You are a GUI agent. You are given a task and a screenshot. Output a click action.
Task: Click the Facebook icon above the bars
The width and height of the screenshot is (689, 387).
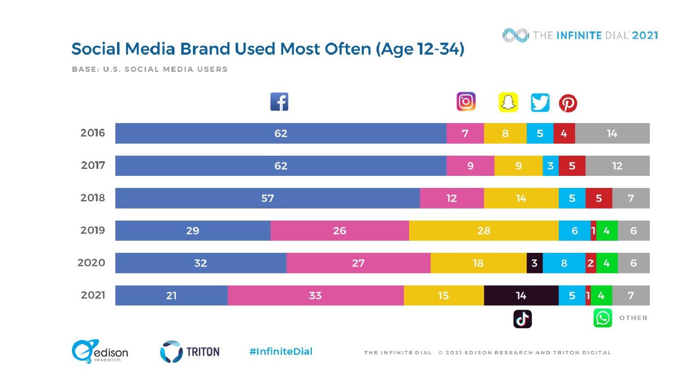click(279, 102)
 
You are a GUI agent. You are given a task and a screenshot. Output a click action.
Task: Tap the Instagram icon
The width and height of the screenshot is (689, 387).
click(466, 101)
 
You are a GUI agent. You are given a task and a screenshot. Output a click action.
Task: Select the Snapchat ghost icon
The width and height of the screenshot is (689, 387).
click(508, 102)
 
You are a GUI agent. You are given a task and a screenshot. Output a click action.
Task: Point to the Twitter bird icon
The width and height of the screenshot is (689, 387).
click(540, 103)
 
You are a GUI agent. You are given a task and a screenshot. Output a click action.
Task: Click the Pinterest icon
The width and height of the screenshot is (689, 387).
click(568, 103)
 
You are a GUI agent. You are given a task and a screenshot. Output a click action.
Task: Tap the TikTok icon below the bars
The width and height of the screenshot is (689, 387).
click(522, 319)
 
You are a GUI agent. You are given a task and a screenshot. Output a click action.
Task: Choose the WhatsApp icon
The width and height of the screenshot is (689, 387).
click(602, 318)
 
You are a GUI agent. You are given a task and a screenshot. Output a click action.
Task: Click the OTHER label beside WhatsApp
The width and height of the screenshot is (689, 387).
click(633, 318)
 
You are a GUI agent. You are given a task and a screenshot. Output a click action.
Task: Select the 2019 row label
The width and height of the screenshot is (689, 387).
click(93, 230)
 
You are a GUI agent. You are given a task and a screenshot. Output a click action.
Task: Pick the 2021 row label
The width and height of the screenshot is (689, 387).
click(93, 295)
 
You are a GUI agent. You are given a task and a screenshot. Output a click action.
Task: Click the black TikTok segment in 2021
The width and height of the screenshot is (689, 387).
click(521, 295)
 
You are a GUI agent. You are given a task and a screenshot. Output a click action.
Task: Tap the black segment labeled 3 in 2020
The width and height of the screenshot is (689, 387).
click(534, 263)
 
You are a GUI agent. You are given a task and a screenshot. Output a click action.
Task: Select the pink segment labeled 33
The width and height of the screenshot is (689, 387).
click(315, 295)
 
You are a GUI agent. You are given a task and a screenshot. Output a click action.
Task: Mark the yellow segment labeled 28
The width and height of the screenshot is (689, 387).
click(484, 230)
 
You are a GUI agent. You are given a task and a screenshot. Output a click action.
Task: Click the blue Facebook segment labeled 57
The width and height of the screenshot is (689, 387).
click(267, 198)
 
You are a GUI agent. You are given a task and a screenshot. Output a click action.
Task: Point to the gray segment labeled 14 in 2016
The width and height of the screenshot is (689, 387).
click(612, 133)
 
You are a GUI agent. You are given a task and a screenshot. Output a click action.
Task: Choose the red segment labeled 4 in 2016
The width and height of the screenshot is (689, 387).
click(564, 133)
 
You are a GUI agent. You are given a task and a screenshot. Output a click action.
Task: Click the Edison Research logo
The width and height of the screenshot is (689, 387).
click(100, 351)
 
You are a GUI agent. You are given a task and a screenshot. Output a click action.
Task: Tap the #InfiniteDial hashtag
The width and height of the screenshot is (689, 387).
click(281, 352)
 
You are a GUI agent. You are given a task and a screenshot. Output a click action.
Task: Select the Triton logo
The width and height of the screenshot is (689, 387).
click(190, 352)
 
